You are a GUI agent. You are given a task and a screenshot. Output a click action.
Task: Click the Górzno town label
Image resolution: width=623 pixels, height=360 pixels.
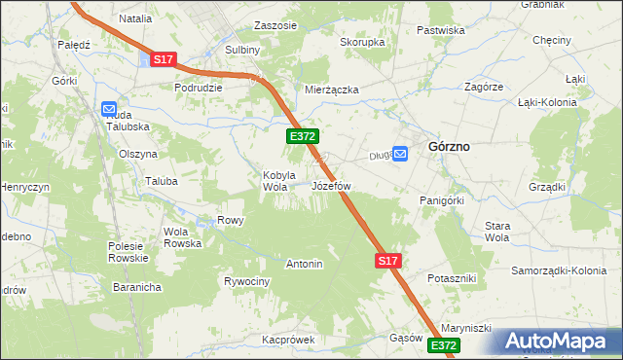point(449,146)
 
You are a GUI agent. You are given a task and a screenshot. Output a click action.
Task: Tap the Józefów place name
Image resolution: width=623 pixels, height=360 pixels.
point(331,185)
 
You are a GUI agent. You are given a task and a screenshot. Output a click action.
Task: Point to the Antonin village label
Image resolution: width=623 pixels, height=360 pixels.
point(304,264)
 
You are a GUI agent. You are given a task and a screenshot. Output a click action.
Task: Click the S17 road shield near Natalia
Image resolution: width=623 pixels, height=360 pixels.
point(163,60)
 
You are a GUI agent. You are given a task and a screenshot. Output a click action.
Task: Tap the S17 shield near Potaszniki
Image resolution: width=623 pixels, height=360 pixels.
point(388,261)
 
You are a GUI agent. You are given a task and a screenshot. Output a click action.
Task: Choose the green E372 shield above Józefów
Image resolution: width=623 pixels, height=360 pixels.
point(301,137)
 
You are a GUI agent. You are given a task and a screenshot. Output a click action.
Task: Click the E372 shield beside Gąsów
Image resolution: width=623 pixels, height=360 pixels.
point(443,345)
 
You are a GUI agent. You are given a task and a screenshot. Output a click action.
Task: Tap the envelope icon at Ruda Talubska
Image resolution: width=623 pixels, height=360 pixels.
point(108,110)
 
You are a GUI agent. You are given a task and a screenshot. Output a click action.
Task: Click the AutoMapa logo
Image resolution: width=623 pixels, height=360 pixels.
point(557,341)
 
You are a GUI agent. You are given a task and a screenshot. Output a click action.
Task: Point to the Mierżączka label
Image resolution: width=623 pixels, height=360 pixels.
point(332,90)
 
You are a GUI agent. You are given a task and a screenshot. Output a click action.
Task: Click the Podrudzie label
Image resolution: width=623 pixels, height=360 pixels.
point(199,87)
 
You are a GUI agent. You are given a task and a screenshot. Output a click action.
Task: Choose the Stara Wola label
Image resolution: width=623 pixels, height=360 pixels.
point(497,231)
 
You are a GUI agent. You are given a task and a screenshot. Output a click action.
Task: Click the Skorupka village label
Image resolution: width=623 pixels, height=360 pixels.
point(362,43)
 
